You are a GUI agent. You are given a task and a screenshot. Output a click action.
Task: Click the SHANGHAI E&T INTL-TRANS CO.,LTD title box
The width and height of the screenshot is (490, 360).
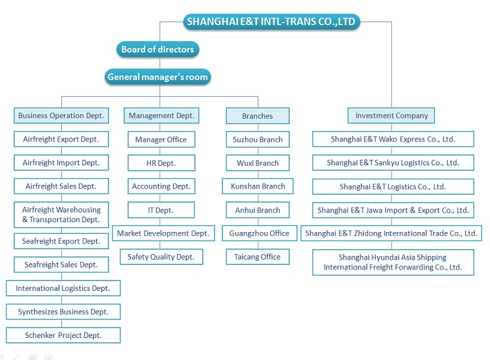(x=271, y=22)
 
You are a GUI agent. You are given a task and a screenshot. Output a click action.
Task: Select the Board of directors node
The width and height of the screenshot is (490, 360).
(x=157, y=50)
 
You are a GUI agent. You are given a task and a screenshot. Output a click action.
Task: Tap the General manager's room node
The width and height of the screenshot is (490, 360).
(x=158, y=77)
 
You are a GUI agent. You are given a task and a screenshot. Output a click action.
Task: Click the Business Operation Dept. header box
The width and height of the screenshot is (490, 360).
(x=61, y=115)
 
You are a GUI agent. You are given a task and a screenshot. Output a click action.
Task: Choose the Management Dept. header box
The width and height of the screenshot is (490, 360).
(x=161, y=115)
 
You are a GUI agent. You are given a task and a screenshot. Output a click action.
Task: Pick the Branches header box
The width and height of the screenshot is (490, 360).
(x=257, y=116)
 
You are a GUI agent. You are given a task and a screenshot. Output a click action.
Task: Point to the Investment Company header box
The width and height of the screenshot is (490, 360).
(x=391, y=115)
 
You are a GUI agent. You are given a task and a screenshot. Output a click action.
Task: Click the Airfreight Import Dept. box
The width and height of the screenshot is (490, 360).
(x=61, y=163)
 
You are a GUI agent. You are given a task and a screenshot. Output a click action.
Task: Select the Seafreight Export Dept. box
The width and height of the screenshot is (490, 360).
(x=61, y=241)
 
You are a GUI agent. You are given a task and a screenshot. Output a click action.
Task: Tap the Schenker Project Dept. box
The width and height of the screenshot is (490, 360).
(x=63, y=336)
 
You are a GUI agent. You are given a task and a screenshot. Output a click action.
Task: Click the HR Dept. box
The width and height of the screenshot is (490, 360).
(x=161, y=163)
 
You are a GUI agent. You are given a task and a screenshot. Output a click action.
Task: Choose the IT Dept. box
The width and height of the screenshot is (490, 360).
(x=161, y=210)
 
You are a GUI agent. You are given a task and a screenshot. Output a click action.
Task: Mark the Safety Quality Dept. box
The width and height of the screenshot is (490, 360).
(x=161, y=257)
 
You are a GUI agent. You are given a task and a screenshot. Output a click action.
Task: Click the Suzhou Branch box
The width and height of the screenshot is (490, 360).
(x=257, y=140)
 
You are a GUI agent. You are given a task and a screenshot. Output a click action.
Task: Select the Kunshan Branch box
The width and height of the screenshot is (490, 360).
(x=257, y=186)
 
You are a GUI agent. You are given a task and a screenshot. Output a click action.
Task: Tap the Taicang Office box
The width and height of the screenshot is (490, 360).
(x=257, y=257)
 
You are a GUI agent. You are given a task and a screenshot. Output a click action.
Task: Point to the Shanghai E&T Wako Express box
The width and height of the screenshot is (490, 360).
(x=393, y=139)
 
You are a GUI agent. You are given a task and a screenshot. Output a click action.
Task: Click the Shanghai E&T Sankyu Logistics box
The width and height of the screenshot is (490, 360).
(x=393, y=163)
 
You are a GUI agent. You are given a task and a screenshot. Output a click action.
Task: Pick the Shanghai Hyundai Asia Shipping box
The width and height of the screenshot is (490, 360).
(x=393, y=262)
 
